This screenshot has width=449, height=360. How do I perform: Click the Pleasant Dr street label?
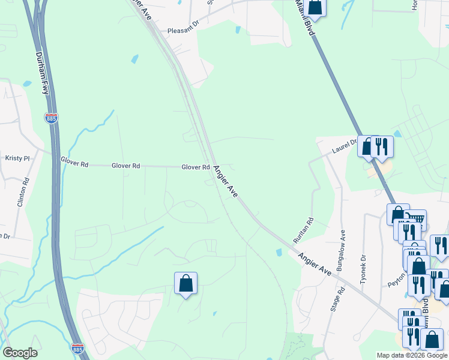[182, 31]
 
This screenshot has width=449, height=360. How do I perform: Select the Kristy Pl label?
[17, 158]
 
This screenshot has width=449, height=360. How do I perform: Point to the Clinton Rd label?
[23, 192]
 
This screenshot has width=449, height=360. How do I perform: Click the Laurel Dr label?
[345, 146]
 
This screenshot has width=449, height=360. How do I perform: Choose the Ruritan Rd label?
[303, 230]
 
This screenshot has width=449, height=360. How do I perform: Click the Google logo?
[20, 353]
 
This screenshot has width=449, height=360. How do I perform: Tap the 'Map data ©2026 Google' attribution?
[411, 355]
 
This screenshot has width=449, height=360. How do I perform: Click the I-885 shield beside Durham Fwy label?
[52, 119]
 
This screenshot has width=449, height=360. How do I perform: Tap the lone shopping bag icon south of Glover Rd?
[185, 283]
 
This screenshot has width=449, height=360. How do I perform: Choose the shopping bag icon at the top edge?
[314, 7]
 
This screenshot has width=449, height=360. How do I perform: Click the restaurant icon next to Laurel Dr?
[381, 146]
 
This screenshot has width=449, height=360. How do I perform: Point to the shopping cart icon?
[415, 220]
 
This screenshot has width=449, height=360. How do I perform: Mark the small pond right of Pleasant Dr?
[240, 29]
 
